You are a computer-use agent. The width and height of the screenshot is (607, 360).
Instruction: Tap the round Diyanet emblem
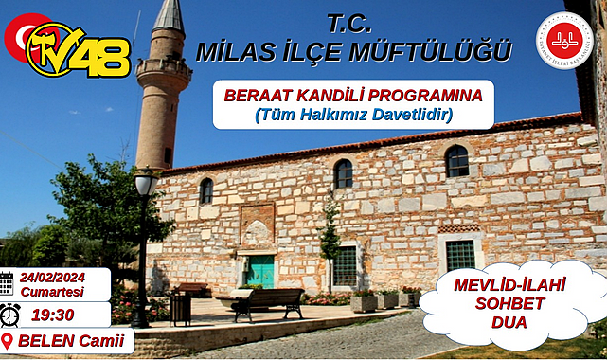[x=563, y=39]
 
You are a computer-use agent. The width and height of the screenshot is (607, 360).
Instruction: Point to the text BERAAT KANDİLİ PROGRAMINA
[x=353, y=96]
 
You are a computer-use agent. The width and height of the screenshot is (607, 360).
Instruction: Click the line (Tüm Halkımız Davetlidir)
[x=353, y=115]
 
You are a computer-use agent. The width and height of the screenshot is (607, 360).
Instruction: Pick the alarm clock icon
[x=10, y=315]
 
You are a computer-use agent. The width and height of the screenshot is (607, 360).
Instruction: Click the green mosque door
[x=261, y=271]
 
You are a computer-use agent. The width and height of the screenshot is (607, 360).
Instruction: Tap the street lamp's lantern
[x=146, y=181]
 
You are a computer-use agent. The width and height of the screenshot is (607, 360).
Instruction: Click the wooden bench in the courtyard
[x=268, y=302]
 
